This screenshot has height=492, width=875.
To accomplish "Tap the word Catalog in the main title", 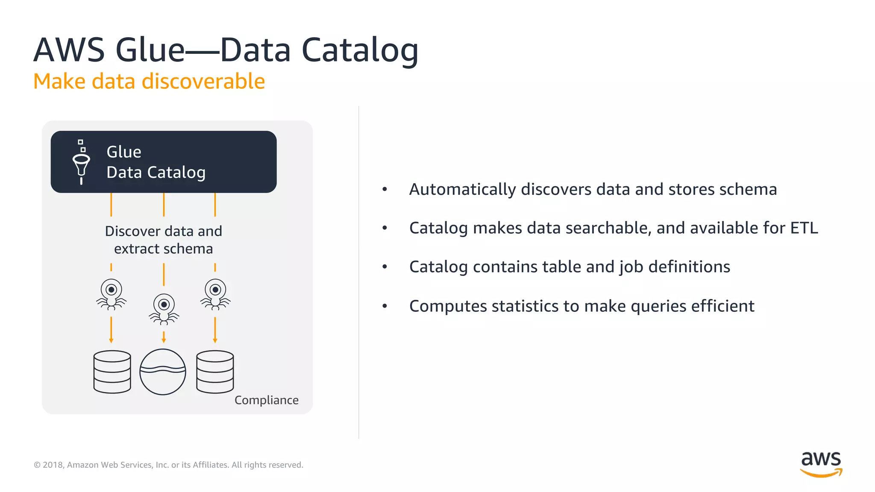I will point(360,50).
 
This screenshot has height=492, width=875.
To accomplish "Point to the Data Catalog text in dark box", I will point(156,173).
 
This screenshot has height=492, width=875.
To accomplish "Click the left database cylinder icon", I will point(112,372).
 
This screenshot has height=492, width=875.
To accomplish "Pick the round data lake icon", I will point(163,372).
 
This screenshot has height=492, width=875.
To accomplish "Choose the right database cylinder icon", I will point(215,372).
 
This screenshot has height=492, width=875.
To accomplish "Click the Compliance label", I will point(266,400).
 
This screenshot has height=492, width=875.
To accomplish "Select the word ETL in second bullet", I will point(804,228).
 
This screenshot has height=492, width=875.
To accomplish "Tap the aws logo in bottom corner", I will point(821,463).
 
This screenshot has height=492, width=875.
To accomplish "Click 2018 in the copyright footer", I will point(53,465).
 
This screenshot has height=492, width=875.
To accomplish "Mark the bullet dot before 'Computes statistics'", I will point(385,306).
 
